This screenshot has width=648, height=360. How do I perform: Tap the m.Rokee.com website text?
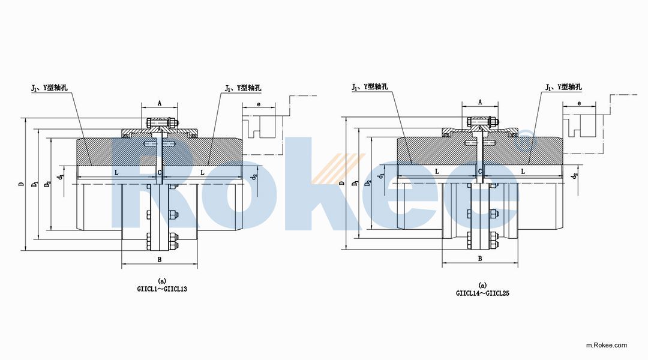coord(606,345)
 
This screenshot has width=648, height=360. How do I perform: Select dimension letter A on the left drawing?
coord(160,103)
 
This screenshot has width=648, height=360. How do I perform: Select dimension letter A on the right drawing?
coord(480,103)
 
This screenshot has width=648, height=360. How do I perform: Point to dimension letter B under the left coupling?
coord(160,259)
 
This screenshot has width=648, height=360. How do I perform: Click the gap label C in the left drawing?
coord(160,172)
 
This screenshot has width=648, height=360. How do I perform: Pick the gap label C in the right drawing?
coord(480,172)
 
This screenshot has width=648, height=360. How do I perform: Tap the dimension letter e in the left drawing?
coord(259,104)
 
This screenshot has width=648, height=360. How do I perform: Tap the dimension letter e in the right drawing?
coord(579,103)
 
